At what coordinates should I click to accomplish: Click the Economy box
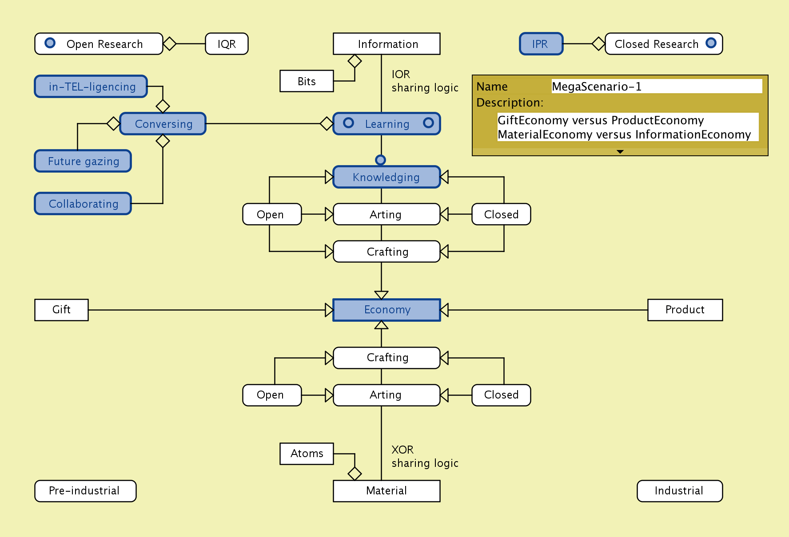[387, 310]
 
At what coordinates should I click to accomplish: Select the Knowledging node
[387, 177]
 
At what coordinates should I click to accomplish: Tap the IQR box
[227, 44]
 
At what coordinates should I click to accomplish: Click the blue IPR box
[541, 44]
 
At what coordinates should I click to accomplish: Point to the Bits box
[307, 81]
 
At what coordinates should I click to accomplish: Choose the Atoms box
[307, 454]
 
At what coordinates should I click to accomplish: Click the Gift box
[61, 310]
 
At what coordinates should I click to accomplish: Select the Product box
[685, 310]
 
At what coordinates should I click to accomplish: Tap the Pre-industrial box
[85, 491]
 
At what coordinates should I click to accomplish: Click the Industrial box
[679, 491]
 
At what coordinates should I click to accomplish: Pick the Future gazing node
[83, 161]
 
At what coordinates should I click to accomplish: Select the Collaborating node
[83, 204]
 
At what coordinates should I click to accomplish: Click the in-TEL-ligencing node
[91, 87]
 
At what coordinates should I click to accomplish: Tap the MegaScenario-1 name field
[656, 86]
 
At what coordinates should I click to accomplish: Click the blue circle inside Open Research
[50, 43]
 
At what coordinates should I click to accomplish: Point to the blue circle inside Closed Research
[711, 43]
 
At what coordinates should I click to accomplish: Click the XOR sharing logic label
[424, 457]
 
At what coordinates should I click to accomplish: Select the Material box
[387, 491]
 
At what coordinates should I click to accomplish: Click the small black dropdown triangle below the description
[620, 152]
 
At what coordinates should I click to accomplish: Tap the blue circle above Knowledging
[381, 160]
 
